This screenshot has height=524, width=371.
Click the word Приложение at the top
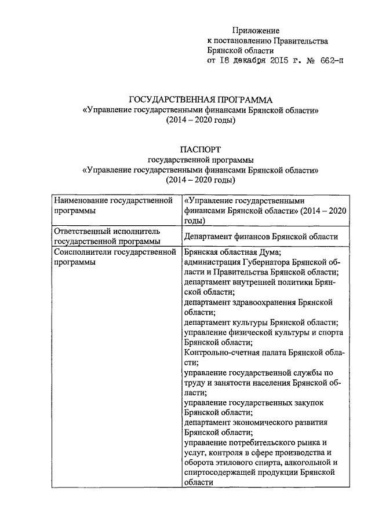[x=256, y=30]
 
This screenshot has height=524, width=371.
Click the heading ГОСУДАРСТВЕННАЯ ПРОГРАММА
[x=200, y=100]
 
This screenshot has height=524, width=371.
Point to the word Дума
[x=270, y=252]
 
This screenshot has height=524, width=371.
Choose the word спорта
[x=331, y=333]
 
